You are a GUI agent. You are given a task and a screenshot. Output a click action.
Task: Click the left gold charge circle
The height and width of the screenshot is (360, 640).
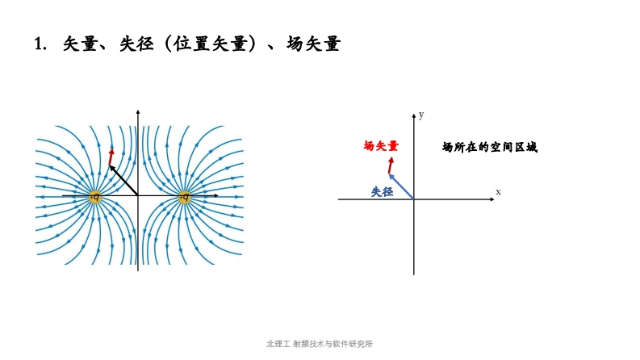(x=94, y=196)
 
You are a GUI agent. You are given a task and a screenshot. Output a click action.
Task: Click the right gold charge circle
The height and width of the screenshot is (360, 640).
(x=184, y=196)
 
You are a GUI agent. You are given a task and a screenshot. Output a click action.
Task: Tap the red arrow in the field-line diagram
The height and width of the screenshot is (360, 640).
(x=111, y=156)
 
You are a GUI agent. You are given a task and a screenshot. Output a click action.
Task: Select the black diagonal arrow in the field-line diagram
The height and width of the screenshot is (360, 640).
(x=123, y=180)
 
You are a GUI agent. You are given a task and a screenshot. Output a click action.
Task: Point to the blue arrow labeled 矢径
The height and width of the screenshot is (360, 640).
(x=401, y=186)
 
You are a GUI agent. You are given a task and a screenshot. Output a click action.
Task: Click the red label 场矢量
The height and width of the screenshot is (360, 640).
(x=381, y=146)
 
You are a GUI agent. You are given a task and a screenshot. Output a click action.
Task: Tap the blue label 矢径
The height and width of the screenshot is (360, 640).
(x=382, y=192)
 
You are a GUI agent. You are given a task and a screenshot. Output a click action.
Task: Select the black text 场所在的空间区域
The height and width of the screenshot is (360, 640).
(x=489, y=147)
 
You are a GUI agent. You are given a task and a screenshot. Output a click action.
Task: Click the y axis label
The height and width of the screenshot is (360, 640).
(x=422, y=115)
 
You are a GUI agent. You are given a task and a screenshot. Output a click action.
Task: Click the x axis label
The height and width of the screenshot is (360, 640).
(x=498, y=191)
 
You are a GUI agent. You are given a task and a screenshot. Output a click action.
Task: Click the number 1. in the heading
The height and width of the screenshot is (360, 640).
(x=40, y=44)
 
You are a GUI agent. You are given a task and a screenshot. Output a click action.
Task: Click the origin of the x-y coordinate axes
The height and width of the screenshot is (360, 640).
(x=414, y=199)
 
